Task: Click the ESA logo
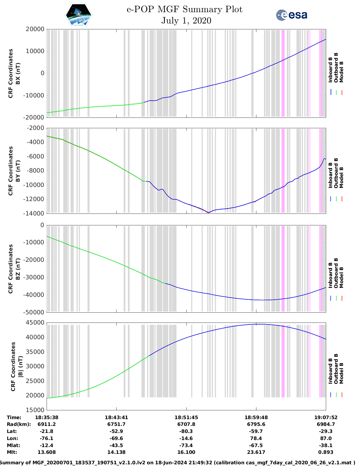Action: click(x=292, y=15)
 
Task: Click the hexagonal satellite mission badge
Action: click(x=79, y=15)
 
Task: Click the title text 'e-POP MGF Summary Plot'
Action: click(x=184, y=9)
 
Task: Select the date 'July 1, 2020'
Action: click(x=186, y=21)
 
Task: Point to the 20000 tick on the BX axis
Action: click(x=35, y=29)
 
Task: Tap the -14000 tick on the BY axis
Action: click(x=35, y=214)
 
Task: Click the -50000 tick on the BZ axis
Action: click(x=35, y=312)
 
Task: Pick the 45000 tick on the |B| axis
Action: click(x=35, y=323)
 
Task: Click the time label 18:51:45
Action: click(x=186, y=417)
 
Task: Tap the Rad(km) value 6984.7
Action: click(x=326, y=424)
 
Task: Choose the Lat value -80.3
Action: click(x=186, y=431)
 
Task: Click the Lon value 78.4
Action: click(x=256, y=438)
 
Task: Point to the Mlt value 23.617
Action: click(x=256, y=452)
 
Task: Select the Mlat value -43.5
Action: click(x=116, y=445)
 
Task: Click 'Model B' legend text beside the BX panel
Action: click(x=341, y=72)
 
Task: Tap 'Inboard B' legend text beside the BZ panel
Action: click(x=330, y=275)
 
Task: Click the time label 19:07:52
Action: click(x=326, y=417)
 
